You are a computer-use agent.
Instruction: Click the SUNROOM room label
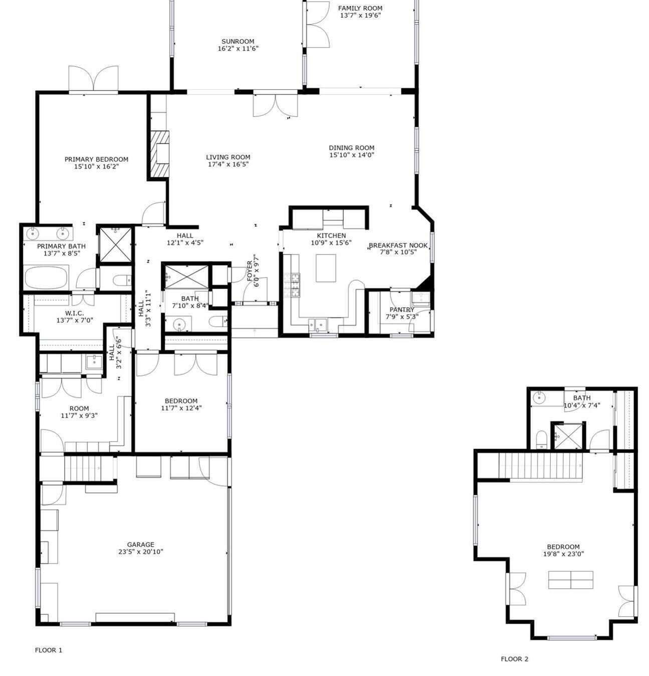[x=238, y=41]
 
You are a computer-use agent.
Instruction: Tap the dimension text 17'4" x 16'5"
[x=228, y=164]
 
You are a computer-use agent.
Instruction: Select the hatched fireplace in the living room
[x=160, y=154]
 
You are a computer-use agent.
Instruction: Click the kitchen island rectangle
[x=326, y=268]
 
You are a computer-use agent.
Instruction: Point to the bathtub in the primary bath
[x=46, y=277]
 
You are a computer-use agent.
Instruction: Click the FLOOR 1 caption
[x=49, y=650]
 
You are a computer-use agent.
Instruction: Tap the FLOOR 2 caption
[x=515, y=659]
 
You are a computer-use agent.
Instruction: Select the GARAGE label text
[x=141, y=545]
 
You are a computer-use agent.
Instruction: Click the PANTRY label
[x=402, y=310]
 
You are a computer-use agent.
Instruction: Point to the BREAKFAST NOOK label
[x=398, y=245]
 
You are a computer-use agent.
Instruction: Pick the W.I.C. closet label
[x=75, y=313]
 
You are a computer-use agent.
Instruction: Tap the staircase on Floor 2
[x=540, y=466]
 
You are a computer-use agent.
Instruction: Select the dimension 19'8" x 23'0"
[x=563, y=554]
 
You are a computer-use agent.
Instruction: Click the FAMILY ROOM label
[x=360, y=8]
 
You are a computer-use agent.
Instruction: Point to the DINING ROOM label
[x=352, y=148]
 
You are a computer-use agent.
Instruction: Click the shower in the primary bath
[x=116, y=245]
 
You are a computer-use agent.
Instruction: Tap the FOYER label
[x=250, y=271]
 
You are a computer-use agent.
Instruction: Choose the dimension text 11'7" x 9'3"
[x=79, y=415]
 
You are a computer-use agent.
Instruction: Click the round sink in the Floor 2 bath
[x=539, y=398]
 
